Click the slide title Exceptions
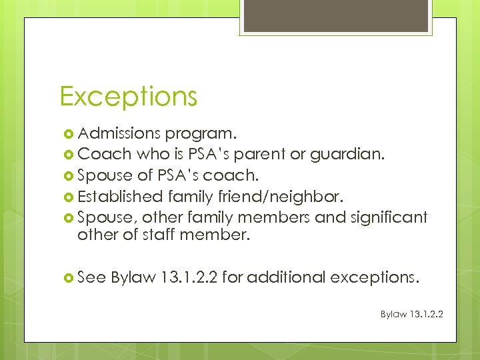pyautogui.click(x=128, y=97)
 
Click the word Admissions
pyautogui.click(x=116, y=136)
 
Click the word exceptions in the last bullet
pyautogui.click(x=376, y=277)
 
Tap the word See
pyautogui.click(x=92, y=277)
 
